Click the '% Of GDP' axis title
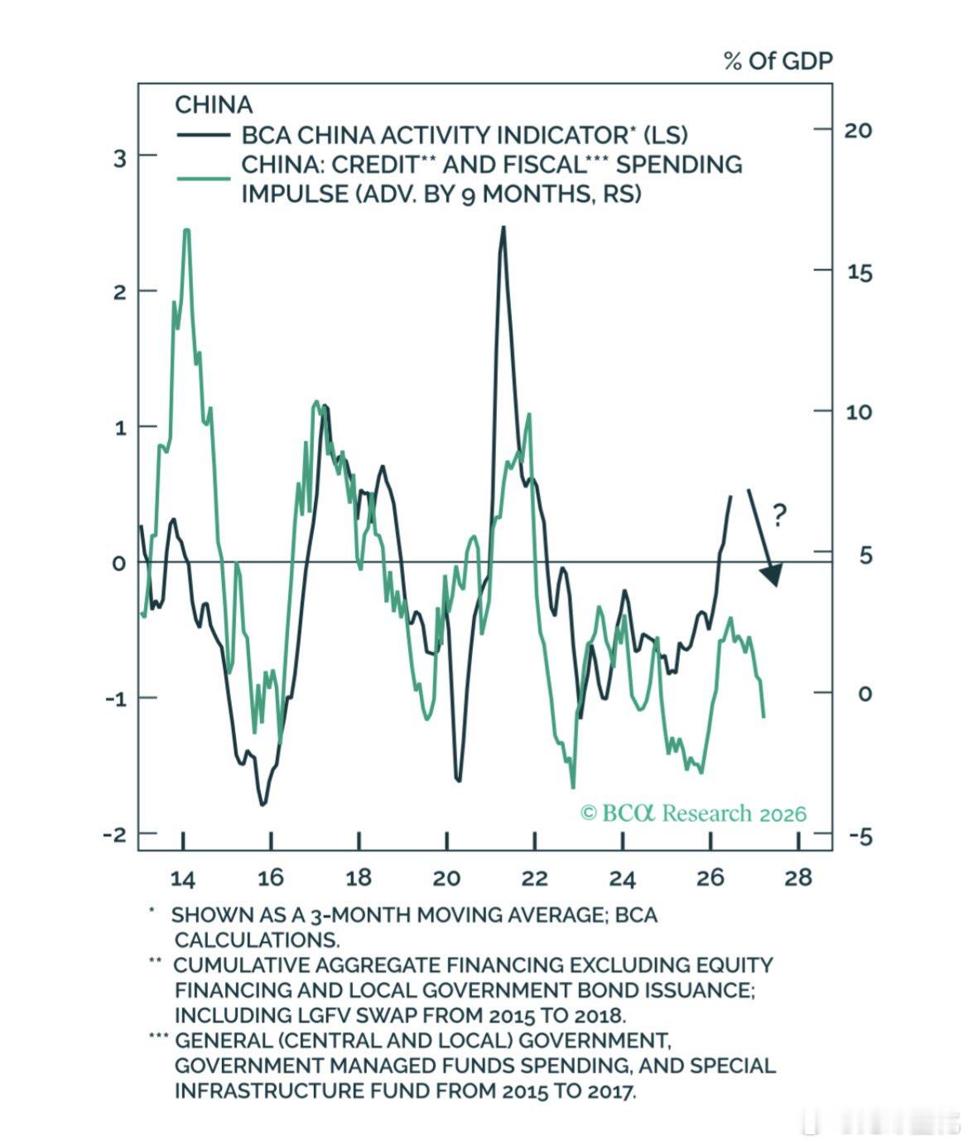(778, 61)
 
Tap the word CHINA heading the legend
(214, 104)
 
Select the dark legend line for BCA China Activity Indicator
(204, 135)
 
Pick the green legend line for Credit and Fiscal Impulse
(204, 178)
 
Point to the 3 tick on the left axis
(120, 159)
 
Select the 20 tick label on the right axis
(858, 131)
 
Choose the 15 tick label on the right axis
(860, 272)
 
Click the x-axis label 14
(183, 878)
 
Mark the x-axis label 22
(535, 878)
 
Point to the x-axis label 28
(798, 878)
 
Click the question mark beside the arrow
(779, 515)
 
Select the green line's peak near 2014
(186, 230)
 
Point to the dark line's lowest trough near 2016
(263, 804)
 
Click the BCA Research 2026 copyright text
(693, 814)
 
